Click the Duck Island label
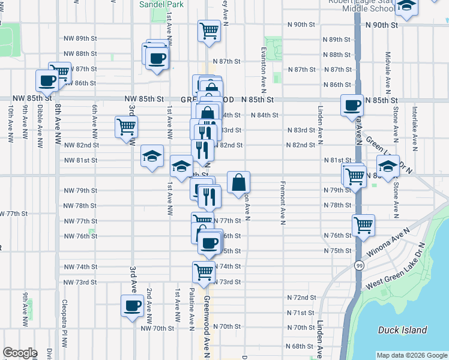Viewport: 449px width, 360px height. [403, 330]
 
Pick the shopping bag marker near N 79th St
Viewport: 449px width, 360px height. [238, 181]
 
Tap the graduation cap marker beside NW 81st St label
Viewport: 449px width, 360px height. [152, 156]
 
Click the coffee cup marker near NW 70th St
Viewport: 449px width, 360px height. [132, 305]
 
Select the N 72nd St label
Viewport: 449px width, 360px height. [301, 298]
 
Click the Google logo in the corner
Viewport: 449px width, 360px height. [20, 353]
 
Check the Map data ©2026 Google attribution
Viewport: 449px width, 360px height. [412, 355]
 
